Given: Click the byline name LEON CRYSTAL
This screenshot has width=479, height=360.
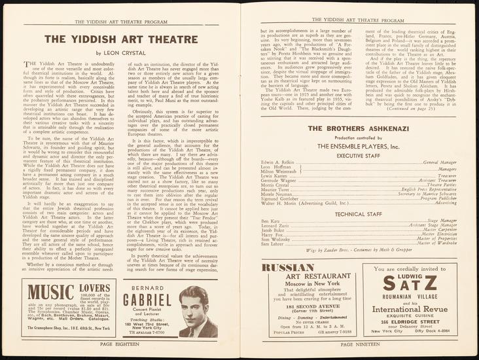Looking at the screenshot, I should point(132,52).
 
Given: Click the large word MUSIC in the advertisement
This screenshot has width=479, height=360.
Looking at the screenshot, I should point(51,291).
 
